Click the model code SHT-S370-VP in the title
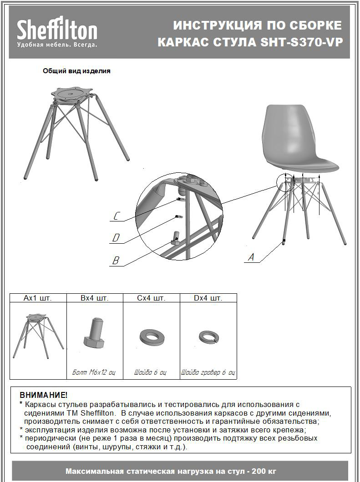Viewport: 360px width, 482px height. (302, 42)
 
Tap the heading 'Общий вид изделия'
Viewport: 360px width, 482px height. (76, 71)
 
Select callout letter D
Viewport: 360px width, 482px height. (117, 238)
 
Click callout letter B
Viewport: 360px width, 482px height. (116, 261)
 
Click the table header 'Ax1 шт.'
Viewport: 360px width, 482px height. (38, 298)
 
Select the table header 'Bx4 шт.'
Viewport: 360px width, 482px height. (95, 298)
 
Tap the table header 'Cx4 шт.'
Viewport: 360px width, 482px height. (152, 298)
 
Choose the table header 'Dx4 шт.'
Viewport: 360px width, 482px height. (208, 298)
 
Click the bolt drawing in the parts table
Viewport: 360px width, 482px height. (95, 332)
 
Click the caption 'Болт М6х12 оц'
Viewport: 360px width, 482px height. (94, 372)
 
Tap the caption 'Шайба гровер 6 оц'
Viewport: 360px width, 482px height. (208, 372)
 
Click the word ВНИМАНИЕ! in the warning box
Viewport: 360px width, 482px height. (43, 395)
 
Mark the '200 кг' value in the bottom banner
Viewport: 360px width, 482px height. (265, 471)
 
